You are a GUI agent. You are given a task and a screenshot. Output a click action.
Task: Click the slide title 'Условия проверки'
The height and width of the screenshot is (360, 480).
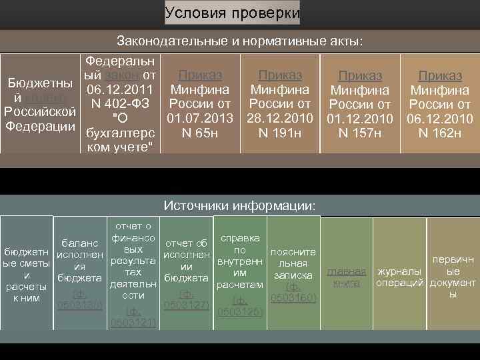pyautogui.click(x=232, y=13)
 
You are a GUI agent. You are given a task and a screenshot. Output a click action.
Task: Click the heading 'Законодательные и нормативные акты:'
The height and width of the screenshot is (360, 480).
pyautogui.click(x=240, y=41)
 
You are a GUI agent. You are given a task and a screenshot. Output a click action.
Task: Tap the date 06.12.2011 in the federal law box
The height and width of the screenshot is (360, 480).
pyautogui.click(x=121, y=89)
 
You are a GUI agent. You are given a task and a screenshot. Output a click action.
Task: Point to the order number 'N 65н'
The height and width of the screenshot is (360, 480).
pyautogui.click(x=200, y=133)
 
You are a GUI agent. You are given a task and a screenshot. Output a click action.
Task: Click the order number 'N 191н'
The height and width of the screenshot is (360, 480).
pyautogui.click(x=279, y=133)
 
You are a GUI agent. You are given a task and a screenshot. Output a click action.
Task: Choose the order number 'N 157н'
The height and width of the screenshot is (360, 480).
pyautogui.click(x=361, y=133)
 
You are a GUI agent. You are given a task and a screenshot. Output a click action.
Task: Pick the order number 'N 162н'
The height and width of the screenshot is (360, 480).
pyautogui.click(x=440, y=133)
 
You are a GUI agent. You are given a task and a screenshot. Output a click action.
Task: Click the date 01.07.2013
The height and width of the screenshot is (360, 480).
pyautogui.click(x=200, y=119)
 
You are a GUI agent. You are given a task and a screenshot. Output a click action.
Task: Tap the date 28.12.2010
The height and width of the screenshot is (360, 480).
pyautogui.click(x=279, y=119)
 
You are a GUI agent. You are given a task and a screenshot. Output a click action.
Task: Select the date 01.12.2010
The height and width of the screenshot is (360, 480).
pyautogui.click(x=361, y=119)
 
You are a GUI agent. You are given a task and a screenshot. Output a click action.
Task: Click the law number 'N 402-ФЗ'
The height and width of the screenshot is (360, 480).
pyautogui.click(x=121, y=104)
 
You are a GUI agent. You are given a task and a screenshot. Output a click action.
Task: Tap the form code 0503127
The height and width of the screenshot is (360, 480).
pyautogui.click(x=187, y=305)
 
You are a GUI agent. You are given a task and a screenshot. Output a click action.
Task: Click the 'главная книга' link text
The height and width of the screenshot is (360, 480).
pyautogui.click(x=346, y=277)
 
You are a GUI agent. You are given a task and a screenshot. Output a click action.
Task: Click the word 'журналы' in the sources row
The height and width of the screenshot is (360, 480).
pyautogui.click(x=399, y=272)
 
